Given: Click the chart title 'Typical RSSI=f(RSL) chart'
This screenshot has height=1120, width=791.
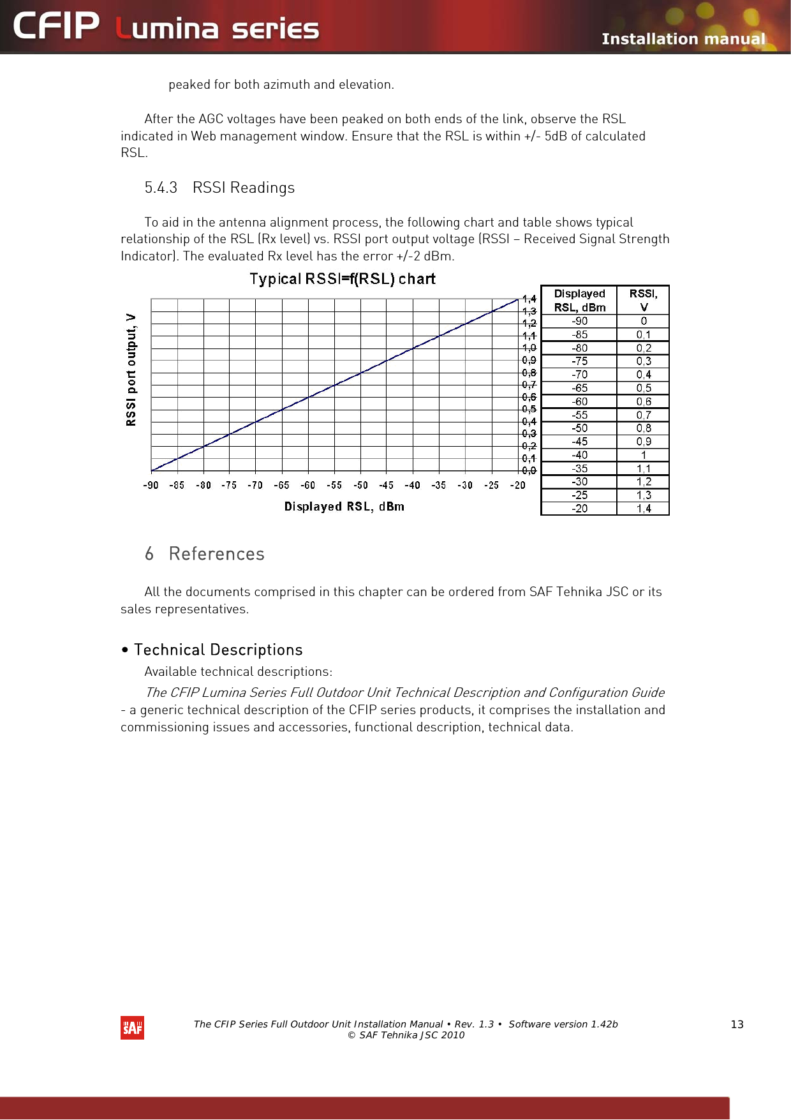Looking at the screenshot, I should coord(343,279).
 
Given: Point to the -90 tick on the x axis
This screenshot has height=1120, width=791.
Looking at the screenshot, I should coord(151,485).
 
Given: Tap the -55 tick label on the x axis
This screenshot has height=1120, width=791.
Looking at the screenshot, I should coord(334,485).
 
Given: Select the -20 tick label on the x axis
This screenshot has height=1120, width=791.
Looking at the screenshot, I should coord(517,485).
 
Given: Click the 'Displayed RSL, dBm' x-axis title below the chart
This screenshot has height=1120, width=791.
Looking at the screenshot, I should coord(344,507).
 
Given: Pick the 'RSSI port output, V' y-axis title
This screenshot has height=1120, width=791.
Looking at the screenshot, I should coord(131,370).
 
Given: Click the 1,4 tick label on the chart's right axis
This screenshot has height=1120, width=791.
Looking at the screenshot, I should coord(529,299).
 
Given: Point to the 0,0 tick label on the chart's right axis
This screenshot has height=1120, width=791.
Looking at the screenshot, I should coord(529,471).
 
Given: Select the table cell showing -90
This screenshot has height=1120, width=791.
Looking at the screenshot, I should coord(579,321).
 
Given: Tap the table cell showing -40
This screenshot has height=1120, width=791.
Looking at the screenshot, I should coord(579,455).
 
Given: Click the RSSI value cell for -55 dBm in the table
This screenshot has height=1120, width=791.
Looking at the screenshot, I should coord(643,415).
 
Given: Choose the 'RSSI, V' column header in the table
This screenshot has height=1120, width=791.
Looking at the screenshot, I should coord(643,300).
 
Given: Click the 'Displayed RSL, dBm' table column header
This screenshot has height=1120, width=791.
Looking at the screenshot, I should coord(579,300).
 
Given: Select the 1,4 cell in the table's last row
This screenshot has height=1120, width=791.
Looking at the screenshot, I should coord(643,509).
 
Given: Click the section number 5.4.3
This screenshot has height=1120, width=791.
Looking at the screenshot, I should coord(161,188).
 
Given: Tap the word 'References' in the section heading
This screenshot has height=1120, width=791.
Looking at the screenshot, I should coord(217,554).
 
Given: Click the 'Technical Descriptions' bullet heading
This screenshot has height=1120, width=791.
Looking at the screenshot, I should coord(218,650).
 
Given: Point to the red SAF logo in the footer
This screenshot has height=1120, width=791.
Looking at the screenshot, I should coord(132,1027).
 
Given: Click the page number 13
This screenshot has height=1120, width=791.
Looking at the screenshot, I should coord(737,1024).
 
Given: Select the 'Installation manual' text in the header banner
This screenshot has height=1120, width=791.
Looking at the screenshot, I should coord(683,39).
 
